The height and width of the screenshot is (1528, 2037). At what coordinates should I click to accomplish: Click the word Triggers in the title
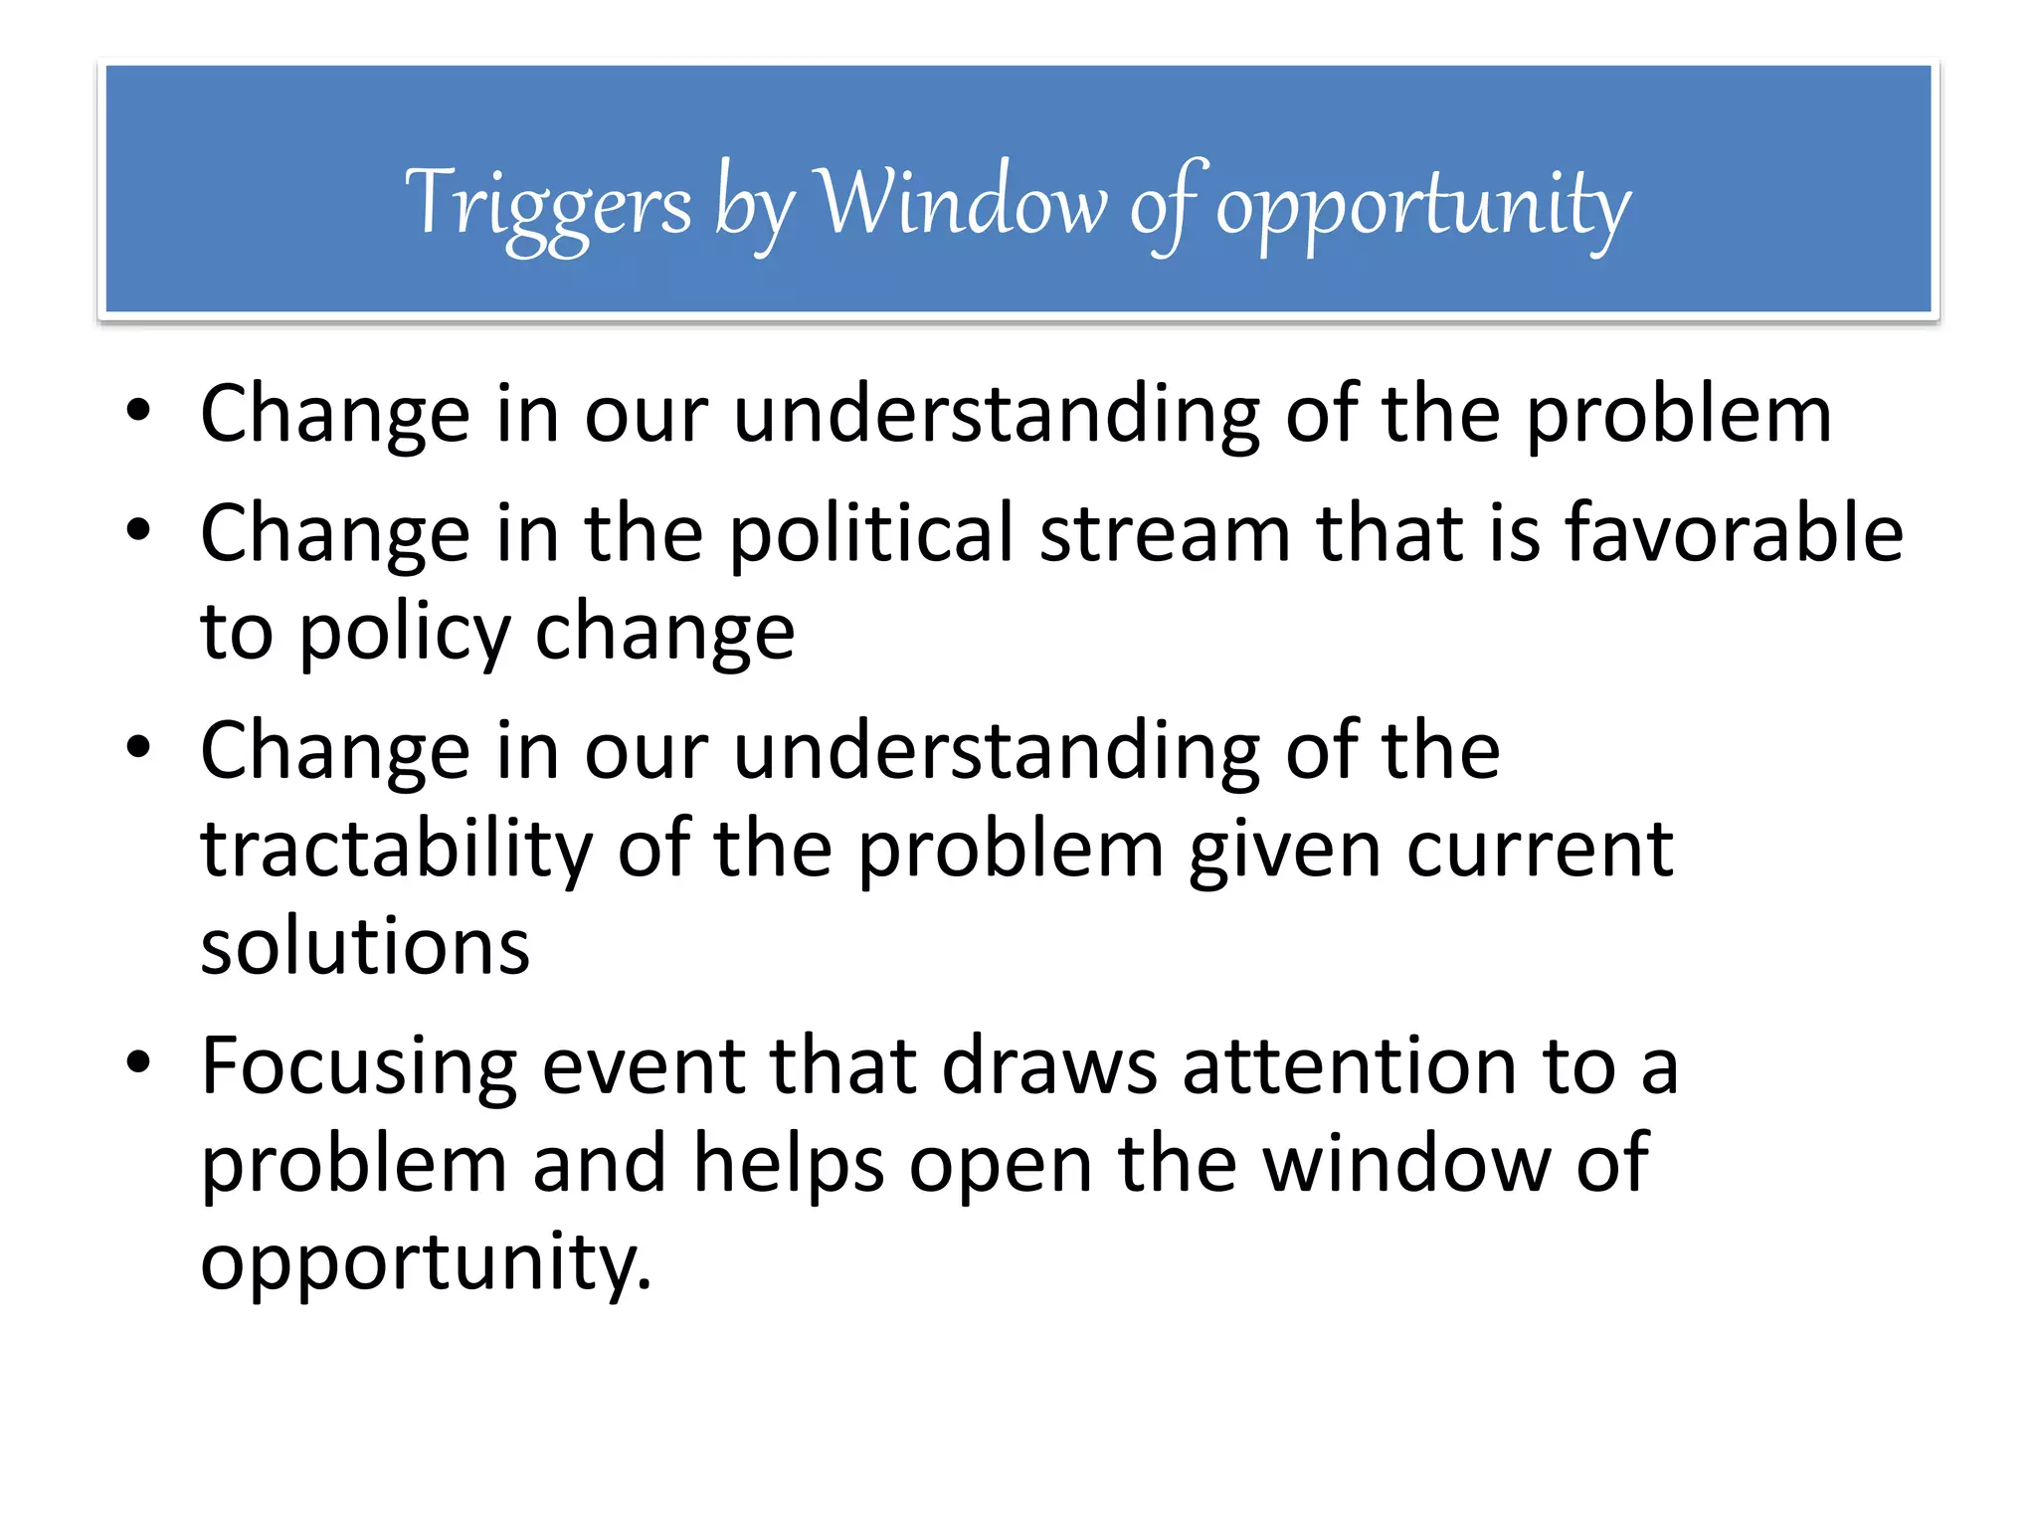[x=548, y=205]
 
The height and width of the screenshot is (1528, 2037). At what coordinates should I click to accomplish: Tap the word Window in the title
[x=961, y=203]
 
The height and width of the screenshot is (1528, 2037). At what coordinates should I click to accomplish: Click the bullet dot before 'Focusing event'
[x=138, y=1061]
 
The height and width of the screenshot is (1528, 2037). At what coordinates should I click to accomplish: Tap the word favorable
[x=1735, y=534]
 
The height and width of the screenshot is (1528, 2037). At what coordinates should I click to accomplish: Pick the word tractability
[x=396, y=851]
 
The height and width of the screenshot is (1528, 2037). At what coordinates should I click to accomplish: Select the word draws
[x=1049, y=1067]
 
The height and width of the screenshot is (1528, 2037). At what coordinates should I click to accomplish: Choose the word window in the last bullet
[x=1407, y=1165]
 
